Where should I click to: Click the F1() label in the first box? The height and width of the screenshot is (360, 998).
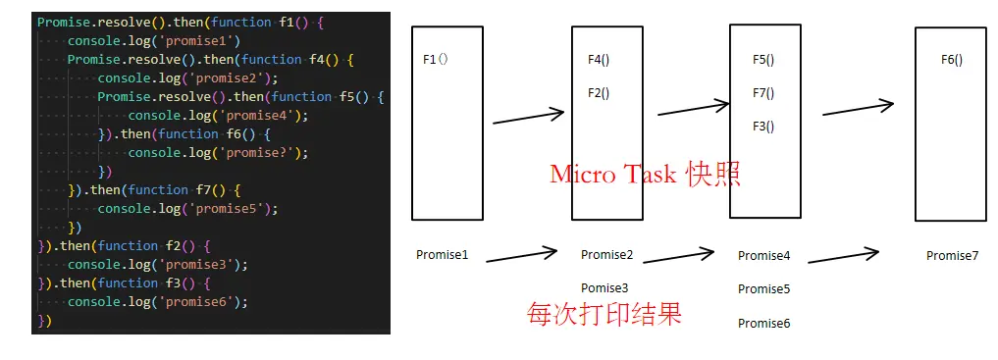[435, 60]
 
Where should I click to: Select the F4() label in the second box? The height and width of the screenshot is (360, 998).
[599, 61]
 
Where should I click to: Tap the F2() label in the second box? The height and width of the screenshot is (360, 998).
[599, 93]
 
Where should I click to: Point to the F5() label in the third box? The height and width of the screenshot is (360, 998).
[763, 61]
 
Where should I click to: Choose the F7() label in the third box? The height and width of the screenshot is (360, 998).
[763, 93]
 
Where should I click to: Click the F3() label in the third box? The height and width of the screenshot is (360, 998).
[763, 127]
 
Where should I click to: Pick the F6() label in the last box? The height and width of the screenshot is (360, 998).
[952, 60]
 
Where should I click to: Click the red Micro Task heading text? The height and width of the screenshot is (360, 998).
[644, 175]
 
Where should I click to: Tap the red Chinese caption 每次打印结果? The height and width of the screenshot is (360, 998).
[604, 314]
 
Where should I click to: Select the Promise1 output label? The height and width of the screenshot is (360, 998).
[442, 255]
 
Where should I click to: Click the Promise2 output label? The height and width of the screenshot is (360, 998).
[606, 255]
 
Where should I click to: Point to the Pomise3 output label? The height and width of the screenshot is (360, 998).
[604, 288]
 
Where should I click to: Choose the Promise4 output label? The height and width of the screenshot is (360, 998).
[763, 256]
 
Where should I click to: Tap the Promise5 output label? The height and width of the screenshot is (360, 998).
[763, 289]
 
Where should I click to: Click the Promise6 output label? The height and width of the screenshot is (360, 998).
[763, 323]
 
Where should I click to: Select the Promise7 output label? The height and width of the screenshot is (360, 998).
[952, 256]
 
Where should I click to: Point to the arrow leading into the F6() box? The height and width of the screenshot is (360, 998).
[859, 108]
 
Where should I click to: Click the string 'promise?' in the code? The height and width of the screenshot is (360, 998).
[262, 153]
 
